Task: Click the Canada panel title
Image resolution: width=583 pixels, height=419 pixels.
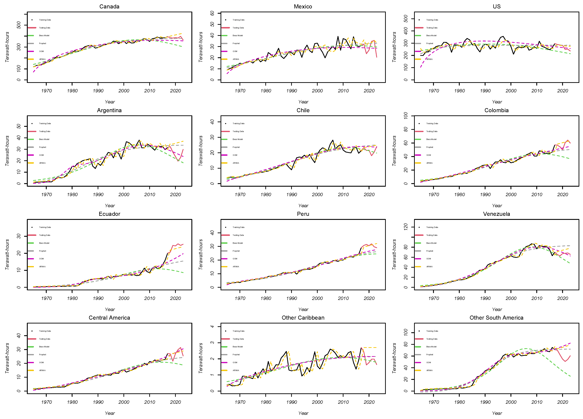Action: click(x=109, y=6)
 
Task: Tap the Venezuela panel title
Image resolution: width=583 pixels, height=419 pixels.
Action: click(x=496, y=214)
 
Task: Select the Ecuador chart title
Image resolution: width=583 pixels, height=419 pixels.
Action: click(x=109, y=214)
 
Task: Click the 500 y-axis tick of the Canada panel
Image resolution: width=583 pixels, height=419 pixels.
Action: click(x=18, y=25)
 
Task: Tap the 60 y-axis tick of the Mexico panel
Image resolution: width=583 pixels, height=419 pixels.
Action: click(x=212, y=13)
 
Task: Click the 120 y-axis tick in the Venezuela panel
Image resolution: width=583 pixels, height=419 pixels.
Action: click(x=406, y=227)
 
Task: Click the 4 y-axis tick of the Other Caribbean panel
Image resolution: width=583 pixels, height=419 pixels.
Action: click(x=212, y=326)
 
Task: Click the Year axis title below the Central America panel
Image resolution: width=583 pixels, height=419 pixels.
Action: click(x=110, y=413)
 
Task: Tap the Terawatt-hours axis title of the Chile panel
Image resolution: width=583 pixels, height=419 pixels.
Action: click(x=201, y=151)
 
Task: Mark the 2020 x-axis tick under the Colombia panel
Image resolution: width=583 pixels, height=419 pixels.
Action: click(x=562, y=195)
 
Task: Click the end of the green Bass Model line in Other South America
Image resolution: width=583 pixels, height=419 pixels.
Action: click(x=570, y=376)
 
